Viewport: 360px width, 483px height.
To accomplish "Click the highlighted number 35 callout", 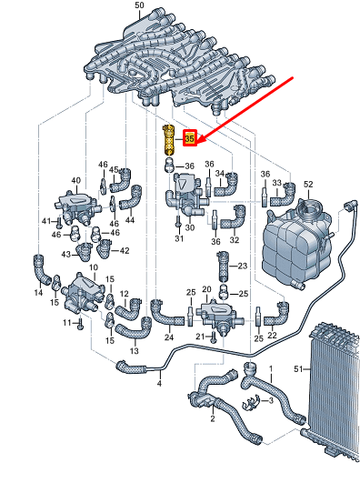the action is (190, 138).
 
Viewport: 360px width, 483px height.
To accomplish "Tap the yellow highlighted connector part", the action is (168, 139).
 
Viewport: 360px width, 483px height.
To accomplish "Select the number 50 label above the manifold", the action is (139, 5).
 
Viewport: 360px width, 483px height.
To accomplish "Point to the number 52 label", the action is (308, 185).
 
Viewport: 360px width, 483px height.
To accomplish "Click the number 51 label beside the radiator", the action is (298, 368).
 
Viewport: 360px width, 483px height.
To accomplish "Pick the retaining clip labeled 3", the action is (251, 403).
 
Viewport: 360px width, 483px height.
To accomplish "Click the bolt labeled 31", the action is (178, 221).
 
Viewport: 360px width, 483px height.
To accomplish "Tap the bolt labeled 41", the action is (59, 223).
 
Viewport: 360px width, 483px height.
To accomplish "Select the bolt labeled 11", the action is (80, 324).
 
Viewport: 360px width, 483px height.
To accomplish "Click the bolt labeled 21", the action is (214, 337).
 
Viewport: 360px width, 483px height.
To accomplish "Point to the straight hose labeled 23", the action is (224, 267).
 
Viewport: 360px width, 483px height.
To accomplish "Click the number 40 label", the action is (75, 180).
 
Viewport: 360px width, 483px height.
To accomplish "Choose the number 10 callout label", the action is (94, 267).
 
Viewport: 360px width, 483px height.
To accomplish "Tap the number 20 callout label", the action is (206, 289).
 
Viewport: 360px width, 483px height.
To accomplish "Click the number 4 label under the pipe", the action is (159, 384).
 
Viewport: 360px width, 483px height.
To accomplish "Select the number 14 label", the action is (38, 292).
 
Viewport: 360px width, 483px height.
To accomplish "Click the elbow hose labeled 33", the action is (284, 195).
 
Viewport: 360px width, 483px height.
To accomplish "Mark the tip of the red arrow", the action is (196, 144).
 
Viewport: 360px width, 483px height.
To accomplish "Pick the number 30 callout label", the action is (190, 227).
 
